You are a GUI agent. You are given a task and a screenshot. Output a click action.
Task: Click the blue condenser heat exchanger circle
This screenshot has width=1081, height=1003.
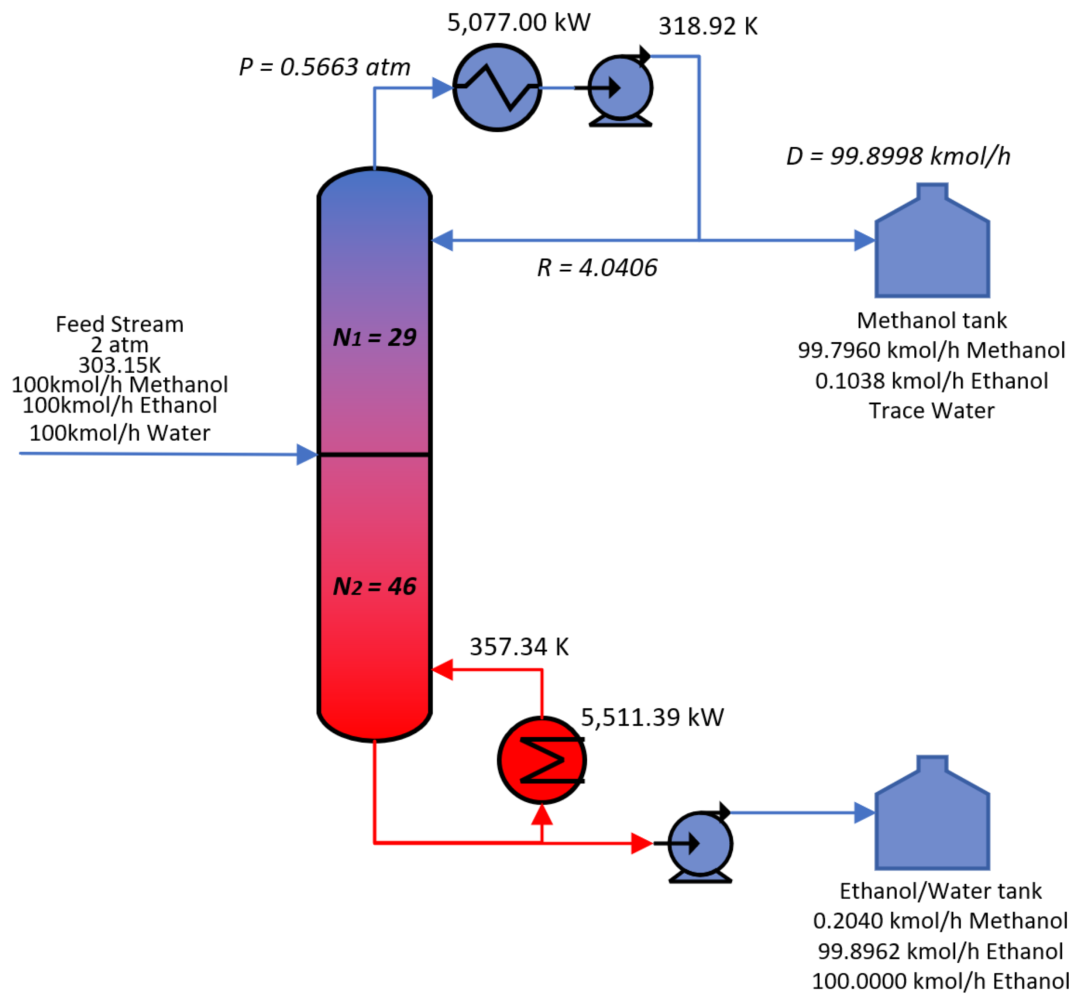pyautogui.click(x=496, y=88)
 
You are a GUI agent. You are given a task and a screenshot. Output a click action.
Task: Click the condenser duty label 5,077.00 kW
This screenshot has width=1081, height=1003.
pyautogui.click(x=518, y=23)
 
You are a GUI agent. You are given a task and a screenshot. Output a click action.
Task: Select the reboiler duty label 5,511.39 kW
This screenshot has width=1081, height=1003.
pyautogui.click(x=651, y=717)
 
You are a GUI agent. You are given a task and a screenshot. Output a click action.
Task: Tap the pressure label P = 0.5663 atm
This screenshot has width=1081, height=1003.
pyautogui.click(x=325, y=67)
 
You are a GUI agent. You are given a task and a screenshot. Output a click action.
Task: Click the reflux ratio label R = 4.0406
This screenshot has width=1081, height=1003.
pyautogui.click(x=597, y=268)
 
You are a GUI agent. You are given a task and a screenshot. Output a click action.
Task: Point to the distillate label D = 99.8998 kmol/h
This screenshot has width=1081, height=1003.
pyautogui.click(x=898, y=156)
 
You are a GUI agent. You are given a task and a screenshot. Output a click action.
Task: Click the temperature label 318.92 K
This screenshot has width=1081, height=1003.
pyautogui.click(x=708, y=26)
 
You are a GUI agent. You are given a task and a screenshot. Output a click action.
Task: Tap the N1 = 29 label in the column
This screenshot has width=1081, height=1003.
pyautogui.click(x=374, y=338)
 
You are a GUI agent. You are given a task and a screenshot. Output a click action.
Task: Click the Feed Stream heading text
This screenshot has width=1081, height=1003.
pyautogui.click(x=120, y=324)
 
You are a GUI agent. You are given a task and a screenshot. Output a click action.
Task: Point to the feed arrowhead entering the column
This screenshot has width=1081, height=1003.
pyautogui.click(x=307, y=454)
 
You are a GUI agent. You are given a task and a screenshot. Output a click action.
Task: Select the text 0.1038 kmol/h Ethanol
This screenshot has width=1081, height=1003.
pyautogui.click(x=931, y=381)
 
